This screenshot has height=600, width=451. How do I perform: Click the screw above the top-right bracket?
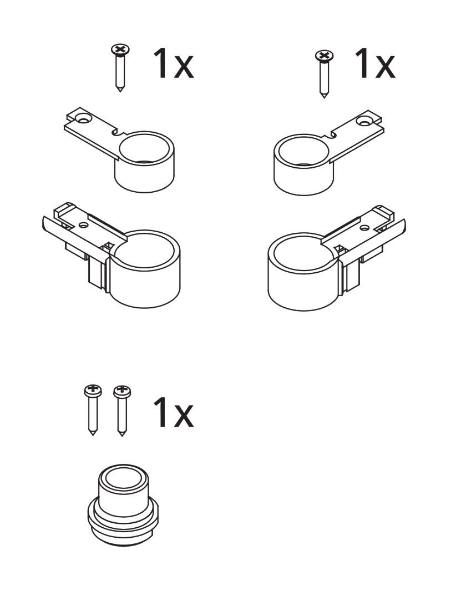(324, 74)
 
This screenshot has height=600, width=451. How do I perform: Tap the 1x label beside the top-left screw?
(173, 64)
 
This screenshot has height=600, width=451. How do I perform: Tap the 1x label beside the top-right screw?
(375, 63)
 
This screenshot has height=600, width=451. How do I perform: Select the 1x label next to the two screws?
(173, 412)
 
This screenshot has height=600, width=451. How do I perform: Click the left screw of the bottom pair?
(93, 410)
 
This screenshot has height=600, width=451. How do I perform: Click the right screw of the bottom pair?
(122, 410)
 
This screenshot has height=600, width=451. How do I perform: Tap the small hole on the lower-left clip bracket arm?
(83, 225)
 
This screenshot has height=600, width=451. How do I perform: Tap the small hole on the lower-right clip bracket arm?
(365, 228)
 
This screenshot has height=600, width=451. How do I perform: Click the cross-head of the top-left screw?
(120, 49)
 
